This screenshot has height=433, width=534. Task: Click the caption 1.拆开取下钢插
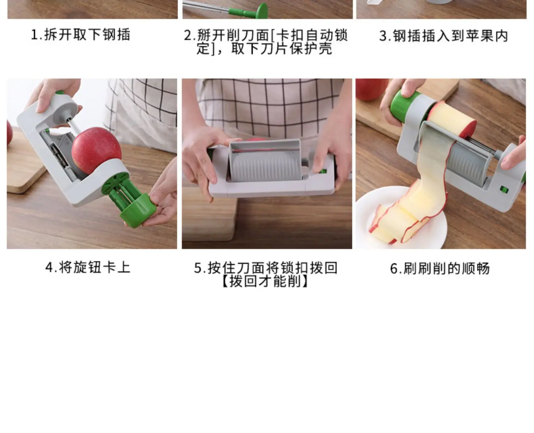point(80,34)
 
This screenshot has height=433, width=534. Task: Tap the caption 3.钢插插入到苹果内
point(443,36)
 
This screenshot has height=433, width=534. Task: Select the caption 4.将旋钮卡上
point(88,267)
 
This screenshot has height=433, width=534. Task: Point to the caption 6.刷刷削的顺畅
point(440,268)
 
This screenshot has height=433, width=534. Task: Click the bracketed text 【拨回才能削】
point(266,281)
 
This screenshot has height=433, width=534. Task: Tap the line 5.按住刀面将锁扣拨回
point(266,268)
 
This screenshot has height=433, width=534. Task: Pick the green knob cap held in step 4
point(138,210)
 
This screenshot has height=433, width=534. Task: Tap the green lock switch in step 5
point(323,171)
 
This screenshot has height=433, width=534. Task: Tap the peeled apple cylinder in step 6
point(453,120)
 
